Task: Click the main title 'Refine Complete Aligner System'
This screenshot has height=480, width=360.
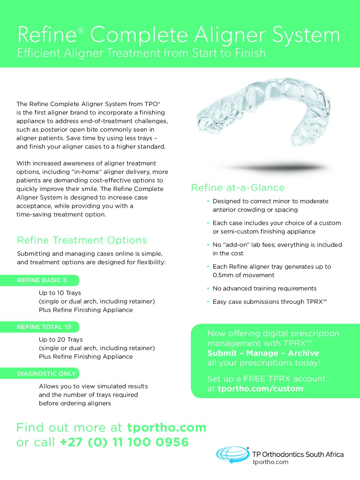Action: click(179, 35)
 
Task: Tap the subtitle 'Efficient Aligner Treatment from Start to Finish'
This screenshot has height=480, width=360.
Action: click(141, 53)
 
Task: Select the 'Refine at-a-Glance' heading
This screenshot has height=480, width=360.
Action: click(238, 188)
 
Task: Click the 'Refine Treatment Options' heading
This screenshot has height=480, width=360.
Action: click(82, 240)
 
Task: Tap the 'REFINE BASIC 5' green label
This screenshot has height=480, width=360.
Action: click(42, 281)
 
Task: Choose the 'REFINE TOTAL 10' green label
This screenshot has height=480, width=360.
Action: click(44, 327)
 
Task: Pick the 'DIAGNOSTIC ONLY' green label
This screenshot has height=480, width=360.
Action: click(46, 374)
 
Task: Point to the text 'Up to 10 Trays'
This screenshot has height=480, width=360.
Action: click(60, 293)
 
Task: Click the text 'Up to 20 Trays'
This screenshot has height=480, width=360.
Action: click(61, 340)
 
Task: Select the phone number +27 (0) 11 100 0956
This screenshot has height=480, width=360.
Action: click(124, 442)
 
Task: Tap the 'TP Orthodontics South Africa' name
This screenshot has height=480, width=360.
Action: click(298, 454)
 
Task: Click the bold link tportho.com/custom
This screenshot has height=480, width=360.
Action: click(260, 389)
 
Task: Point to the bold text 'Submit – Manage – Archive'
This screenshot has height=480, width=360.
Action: click(263, 353)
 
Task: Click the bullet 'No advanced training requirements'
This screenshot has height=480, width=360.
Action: click(264, 288)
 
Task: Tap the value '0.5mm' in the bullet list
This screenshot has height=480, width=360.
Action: click(222, 275)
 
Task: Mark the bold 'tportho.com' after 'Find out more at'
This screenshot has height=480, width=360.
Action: click(167, 427)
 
